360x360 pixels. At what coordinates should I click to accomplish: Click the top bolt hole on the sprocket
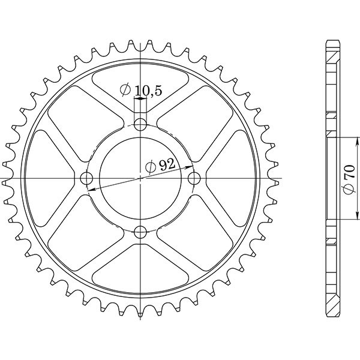tap(140, 125)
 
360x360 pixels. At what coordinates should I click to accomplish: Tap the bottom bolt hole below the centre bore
tap(140, 232)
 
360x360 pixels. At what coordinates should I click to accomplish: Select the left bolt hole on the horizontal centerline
tap(87, 179)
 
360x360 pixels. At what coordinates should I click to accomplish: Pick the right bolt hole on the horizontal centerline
tap(194, 178)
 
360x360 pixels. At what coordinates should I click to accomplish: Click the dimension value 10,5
tap(148, 91)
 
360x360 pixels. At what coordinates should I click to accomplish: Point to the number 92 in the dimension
tap(167, 166)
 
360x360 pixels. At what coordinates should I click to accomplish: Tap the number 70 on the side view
tap(349, 178)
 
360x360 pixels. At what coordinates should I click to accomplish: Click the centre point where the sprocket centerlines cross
tap(140, 178)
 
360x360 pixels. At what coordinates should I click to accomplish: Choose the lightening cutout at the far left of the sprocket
tap(51, 178)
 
